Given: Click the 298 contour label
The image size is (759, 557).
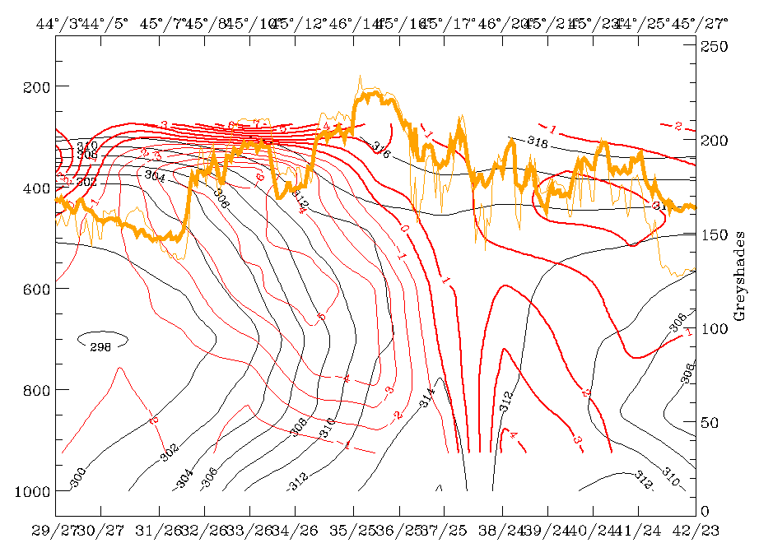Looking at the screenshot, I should (100, 346).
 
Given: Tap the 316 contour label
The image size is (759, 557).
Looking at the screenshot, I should (379, 151).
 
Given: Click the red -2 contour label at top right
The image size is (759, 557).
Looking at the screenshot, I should (677, 126).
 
